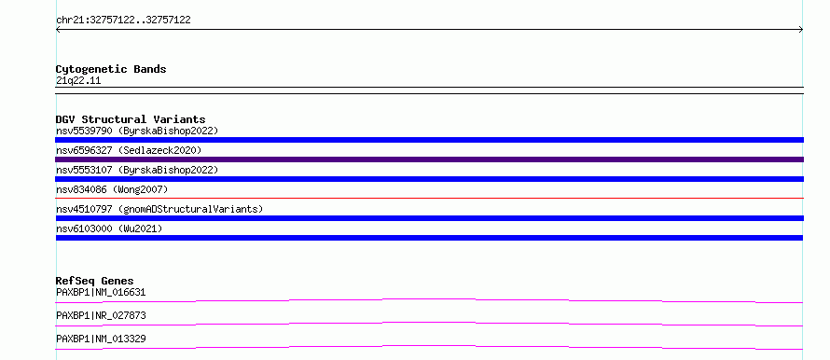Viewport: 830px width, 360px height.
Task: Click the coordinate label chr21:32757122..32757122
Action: (123, 21)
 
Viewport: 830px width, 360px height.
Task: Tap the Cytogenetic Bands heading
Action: (111, 69)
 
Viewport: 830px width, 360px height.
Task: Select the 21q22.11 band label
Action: (78, 81)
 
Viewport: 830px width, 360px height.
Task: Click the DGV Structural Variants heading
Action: (131, 119)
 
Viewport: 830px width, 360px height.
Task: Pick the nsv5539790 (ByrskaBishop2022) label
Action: (137, 131)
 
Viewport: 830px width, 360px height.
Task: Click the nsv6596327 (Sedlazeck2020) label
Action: (129, 150)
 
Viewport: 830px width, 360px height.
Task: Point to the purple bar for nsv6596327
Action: (429, 159)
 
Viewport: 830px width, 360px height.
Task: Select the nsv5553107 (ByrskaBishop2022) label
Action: (137, 170)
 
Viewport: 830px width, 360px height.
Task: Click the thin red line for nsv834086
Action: (429, 198)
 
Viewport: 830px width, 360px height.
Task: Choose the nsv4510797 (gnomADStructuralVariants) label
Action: (159, 209)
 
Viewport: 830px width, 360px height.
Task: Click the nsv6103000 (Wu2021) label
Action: (109, 228)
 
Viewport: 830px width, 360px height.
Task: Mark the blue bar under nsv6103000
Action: (429, 238)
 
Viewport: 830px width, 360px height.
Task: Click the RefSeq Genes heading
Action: (95, 281)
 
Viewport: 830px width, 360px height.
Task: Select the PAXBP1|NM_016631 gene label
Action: (101, 292)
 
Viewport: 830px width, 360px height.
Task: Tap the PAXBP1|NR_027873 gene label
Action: (101, 315)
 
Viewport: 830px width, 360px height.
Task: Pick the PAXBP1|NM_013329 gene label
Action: (101, 339)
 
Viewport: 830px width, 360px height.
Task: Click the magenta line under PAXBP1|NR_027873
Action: (429, 323)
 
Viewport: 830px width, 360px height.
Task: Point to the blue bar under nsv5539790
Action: (429, 140)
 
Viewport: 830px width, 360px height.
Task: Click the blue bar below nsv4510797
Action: (429, 218)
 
